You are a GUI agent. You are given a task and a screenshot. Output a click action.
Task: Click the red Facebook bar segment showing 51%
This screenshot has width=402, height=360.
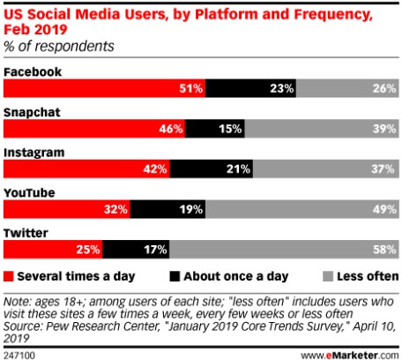104,88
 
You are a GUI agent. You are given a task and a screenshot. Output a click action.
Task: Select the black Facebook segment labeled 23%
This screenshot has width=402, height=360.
250,88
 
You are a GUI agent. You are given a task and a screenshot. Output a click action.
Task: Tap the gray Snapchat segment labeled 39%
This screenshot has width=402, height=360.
322,129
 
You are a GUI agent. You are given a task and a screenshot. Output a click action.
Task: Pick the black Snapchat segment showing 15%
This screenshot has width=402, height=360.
215,129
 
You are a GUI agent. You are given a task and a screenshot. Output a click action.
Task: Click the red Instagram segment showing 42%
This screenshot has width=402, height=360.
86,169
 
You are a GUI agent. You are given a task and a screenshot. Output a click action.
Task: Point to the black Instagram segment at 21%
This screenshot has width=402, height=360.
212,169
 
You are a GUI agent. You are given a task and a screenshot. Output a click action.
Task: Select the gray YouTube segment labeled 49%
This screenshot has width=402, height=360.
302,209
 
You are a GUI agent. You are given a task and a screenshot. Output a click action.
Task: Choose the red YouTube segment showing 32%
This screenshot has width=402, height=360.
67,209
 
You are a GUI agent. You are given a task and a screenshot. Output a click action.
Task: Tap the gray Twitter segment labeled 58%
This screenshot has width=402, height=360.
284,250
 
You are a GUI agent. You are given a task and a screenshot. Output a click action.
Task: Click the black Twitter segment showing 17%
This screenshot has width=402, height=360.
136,250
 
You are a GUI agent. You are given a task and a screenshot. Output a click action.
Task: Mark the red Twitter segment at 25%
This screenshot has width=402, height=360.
53,250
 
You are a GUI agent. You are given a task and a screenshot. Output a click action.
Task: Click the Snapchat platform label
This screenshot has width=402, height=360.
32,112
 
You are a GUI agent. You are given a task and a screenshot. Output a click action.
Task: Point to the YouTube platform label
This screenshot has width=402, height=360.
29,193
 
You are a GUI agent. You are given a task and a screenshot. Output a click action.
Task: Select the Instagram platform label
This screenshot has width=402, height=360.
33,154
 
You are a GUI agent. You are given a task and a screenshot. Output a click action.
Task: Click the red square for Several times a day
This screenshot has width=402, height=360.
9,276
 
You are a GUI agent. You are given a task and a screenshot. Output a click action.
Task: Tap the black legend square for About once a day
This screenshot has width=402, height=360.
175,276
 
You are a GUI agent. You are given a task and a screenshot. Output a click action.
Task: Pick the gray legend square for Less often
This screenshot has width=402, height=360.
328,276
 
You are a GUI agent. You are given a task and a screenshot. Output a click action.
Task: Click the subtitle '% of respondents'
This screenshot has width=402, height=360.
59,47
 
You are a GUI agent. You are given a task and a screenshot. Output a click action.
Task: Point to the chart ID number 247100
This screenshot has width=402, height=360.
19,355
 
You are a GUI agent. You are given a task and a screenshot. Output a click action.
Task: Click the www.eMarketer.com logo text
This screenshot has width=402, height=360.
350,355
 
